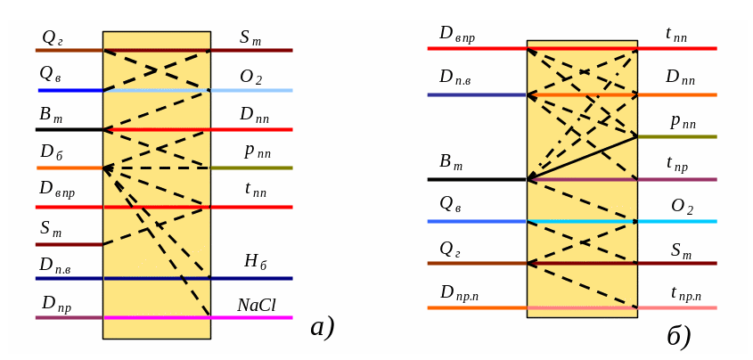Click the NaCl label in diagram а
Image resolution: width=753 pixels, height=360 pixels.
[256, 306]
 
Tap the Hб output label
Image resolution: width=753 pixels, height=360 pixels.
[255, 261]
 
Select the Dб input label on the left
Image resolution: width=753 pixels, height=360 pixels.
[51, 152]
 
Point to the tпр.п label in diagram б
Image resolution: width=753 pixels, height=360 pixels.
[685, 292]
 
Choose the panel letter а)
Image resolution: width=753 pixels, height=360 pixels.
[322, 327]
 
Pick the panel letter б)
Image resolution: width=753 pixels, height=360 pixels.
[678, 336]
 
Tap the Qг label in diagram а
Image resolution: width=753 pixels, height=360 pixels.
[53, 37]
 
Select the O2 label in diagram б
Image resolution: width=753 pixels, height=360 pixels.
[682, 207]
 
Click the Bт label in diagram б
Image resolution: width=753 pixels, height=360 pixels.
[451, 162]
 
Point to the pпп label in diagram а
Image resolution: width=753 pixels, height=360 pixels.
[258, 151]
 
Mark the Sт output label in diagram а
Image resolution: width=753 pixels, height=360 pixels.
[250, 37]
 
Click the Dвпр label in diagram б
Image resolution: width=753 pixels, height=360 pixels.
[456, 34]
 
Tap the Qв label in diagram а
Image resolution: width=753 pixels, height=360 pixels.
[50, 74]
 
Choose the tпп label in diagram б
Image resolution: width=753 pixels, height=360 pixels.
[676, 34]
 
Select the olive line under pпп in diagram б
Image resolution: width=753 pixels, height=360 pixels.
[677, 136]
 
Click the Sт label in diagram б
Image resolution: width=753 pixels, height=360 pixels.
[681, 250]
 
